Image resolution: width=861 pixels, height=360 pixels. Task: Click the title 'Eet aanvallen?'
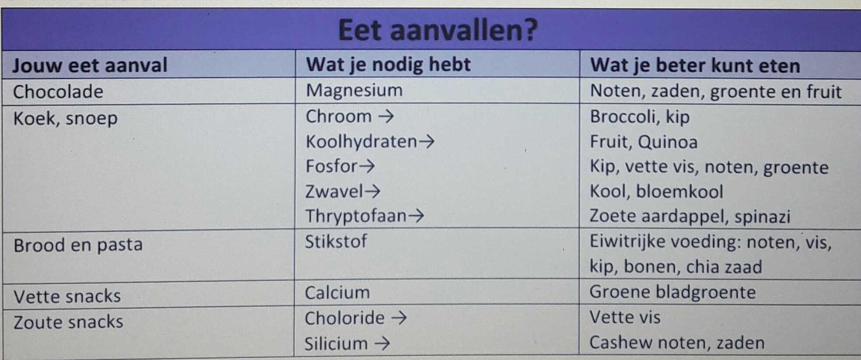coord(437,30)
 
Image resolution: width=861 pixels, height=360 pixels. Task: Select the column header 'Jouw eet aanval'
coord(90,65)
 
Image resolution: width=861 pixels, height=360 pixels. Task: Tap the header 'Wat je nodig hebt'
coord(388,65)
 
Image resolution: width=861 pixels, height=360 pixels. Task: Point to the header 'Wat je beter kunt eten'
coord(695,66)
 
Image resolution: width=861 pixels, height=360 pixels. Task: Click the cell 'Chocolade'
coord(58,92)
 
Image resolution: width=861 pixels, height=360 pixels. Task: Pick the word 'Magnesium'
coord(354,91)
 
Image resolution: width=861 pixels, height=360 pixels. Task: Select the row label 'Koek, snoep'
coord(65,119)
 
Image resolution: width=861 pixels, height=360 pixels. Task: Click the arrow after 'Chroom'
coord(386,116)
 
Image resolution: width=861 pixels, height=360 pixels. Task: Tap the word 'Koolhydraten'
coord(361,142)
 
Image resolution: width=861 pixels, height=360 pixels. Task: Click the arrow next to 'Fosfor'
coord(367,166)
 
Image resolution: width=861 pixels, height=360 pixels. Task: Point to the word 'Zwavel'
coord(334,192)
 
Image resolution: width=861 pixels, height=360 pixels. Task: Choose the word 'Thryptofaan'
coord(356,216)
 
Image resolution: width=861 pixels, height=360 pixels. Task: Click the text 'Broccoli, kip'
coord(640,117)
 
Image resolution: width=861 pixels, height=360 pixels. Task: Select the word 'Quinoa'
coord(668,142)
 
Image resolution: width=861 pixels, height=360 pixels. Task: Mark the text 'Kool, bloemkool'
coord(656,192)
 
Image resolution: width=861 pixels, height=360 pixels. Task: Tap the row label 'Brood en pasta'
coord(78,245)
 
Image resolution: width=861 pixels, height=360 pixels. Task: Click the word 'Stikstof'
coord(336,241)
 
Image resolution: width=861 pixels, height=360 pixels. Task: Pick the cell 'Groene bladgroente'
coord(672,292)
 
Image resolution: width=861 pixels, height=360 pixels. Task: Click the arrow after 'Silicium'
coord(382,344)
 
